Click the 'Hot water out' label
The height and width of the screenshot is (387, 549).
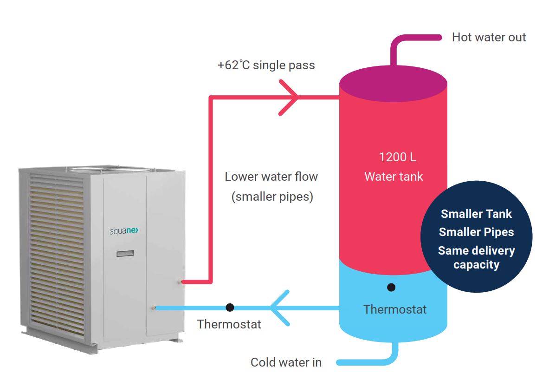coord(489,38)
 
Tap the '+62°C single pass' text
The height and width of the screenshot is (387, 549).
coord(266,65)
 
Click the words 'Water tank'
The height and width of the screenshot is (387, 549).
coord(394,177)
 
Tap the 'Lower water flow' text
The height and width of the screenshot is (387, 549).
coord(271,177)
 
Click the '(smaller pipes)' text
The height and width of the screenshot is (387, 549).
coord(272,197)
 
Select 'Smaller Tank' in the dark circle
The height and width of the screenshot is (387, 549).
coord(476,214)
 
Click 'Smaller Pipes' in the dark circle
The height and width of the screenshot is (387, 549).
coord(476,232)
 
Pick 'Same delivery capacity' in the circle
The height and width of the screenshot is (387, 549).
coord(476,257)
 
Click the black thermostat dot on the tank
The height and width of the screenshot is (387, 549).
coord(391,288)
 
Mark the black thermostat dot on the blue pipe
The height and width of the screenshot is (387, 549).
coord(230,308)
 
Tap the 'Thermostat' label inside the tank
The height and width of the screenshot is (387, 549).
coord(394,309)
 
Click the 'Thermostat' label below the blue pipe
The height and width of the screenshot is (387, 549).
coord(229,324)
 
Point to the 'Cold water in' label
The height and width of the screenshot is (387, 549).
coord(286,362)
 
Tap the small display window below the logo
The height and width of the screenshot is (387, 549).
coord(125,254)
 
